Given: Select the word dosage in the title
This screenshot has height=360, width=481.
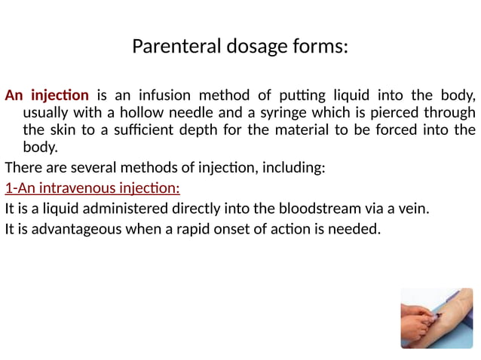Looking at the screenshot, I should click(x=252, y=47).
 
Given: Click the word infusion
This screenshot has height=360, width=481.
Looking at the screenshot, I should click(x=166, y=96).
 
